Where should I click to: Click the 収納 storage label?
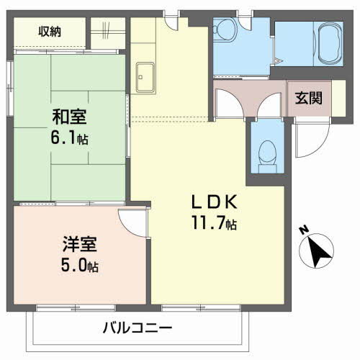click(50, 32)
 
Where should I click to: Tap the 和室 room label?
click(69, 117)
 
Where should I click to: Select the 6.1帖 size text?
click(69, 138)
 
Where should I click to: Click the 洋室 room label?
click(80, 244)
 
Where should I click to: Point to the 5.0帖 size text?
click(80, 265)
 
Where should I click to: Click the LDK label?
click(215, 202)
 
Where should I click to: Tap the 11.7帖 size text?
click(214, 222)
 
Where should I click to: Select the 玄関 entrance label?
click(309, 98)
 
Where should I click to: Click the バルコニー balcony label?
click(138, 328)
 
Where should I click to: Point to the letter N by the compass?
click(304, 230)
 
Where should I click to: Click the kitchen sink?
click(145, 78)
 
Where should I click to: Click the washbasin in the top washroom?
click(225, 30)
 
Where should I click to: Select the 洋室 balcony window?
click(76, 308)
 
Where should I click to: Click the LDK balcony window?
click(201, 308)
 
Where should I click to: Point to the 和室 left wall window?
click(10, 89)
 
